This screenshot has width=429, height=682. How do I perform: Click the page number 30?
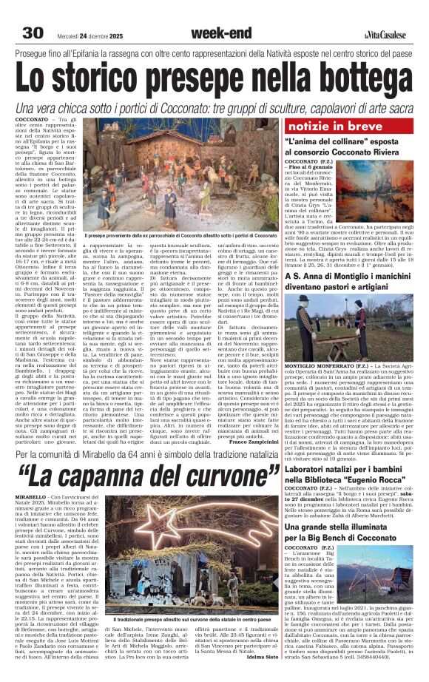[33, 33]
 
